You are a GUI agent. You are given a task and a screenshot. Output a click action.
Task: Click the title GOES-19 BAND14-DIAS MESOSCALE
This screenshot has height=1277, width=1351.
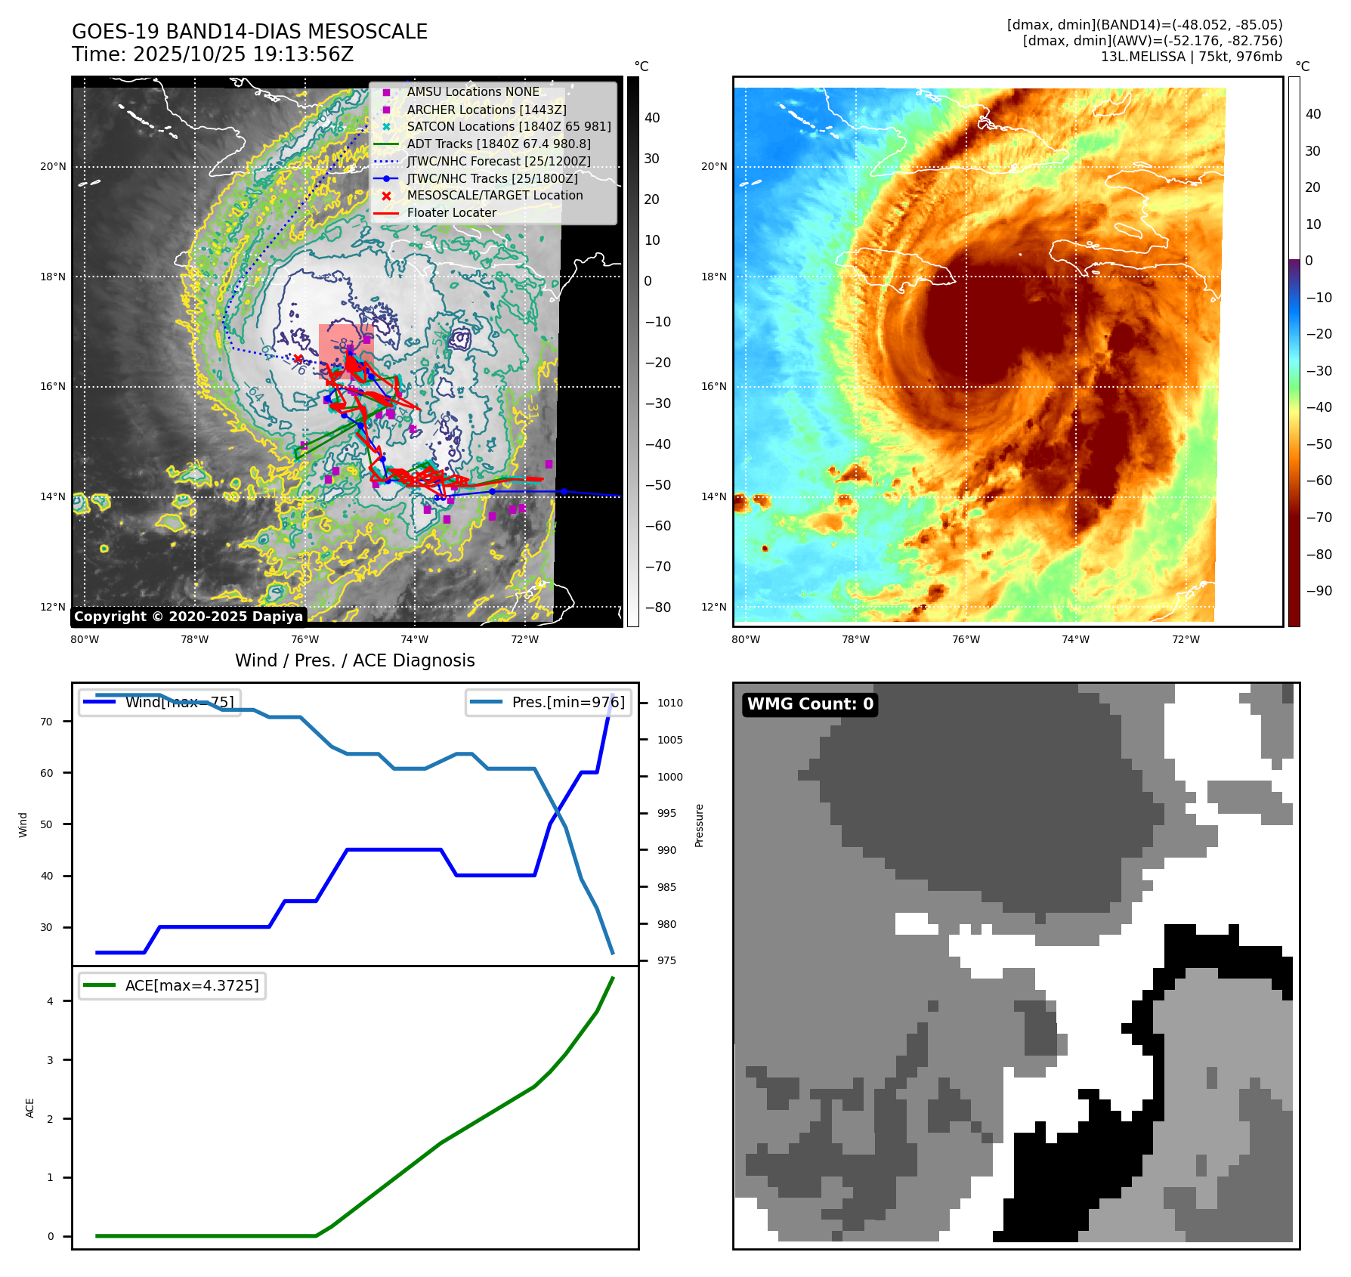click(249, 32)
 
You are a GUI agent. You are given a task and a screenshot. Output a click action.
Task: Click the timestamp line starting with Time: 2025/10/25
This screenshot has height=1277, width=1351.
click(212, 54)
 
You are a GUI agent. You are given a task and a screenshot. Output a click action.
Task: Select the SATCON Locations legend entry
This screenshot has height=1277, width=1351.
click(509, 126)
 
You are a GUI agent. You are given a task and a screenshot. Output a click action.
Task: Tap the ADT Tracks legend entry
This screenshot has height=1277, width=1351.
click(499, 144)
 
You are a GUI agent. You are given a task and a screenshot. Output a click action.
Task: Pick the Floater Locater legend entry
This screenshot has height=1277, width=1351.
click(451, 213)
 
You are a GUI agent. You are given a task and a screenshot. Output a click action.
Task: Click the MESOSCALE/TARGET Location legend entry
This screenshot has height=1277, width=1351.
click(495, 196)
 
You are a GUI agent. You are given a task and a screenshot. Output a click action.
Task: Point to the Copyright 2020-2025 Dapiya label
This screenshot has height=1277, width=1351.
click(188, 617)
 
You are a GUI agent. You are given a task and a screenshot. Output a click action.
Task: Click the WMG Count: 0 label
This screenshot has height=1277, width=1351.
click(810, 704)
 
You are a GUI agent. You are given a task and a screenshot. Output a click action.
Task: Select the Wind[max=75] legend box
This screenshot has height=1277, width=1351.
click(160, 702)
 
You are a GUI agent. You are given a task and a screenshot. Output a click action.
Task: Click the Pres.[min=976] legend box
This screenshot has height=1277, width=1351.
click(548, 702)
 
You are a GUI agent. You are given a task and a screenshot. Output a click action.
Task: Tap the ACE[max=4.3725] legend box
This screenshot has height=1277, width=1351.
click(172, 985)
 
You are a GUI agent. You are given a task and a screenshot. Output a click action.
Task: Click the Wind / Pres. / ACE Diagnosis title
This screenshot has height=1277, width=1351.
click(354, 660)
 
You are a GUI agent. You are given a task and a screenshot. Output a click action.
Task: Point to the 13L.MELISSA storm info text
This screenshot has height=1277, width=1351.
click(1191, 57)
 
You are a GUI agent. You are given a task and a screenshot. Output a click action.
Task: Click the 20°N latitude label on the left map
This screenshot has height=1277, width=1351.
click(53, 166)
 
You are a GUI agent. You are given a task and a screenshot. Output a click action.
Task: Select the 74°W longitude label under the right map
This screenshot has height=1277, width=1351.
click(1075, 639)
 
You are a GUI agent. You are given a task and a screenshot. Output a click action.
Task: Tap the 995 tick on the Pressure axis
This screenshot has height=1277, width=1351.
click(666, 813)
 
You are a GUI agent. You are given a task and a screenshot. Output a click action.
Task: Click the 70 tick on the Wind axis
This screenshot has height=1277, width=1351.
click(47, 722)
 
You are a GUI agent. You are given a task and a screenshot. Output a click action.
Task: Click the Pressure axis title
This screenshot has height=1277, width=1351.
click(700, 825)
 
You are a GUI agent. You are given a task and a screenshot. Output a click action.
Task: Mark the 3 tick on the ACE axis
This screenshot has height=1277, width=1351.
click(51, 1060)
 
